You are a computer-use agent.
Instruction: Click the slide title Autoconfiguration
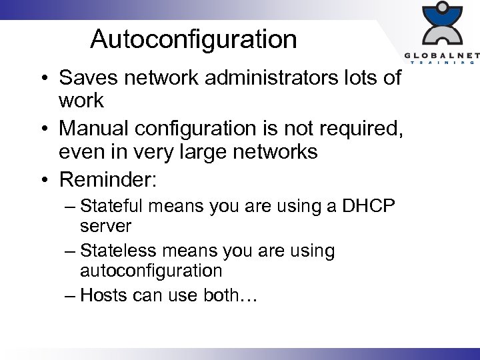coord(193,39)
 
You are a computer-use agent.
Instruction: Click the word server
coord(105,226)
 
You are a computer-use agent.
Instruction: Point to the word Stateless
coord(118,251)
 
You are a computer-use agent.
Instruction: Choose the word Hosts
coord(100,295)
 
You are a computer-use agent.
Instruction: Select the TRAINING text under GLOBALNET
coord(443,63)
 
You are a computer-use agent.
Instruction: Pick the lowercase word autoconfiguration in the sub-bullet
coord(151,270)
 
